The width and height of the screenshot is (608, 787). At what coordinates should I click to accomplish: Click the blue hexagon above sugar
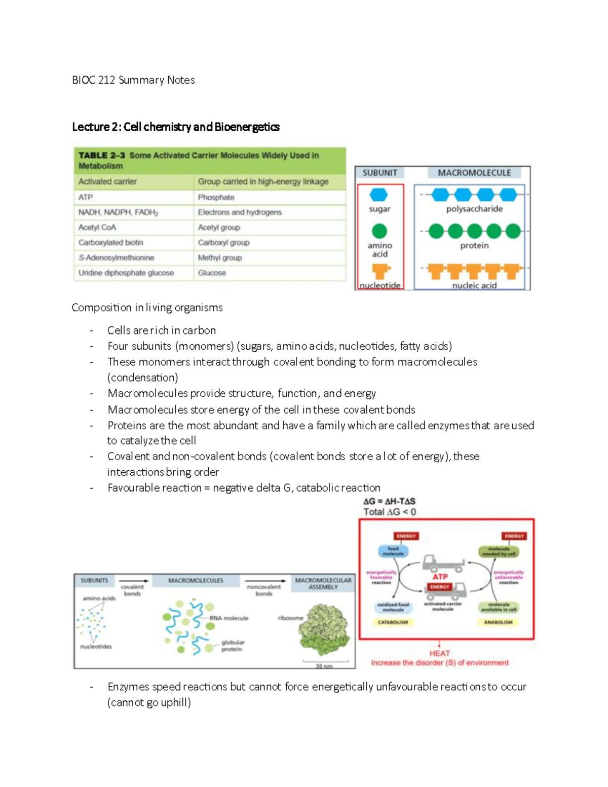(x=379, y=195)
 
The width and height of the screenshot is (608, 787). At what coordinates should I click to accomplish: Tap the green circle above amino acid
(x=379, y=231)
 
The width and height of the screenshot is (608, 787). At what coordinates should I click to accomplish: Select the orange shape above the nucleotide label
(x=380, y=272)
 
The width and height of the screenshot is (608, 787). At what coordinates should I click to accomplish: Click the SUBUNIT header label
(x=380, y=173)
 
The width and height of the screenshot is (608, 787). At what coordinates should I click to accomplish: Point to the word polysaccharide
(x=474, y=209)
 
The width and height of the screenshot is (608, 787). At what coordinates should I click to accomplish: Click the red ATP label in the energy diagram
(x=440, y=577)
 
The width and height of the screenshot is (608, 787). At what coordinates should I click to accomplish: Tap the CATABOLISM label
(x=393, y=622)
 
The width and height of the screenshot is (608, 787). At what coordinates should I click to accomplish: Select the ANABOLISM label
(x=498, y=622)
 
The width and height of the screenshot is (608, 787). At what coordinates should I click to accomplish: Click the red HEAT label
(x=439, y=653)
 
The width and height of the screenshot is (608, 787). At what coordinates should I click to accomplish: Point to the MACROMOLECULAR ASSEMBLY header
(x=323, y=583)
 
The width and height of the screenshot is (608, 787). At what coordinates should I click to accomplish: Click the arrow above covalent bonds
(x=134, y=581)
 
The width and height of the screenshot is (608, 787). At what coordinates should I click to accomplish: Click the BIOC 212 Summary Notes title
(x=133, y=80)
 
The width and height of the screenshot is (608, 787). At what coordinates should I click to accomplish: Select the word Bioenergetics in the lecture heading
(x=247, y=127)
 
